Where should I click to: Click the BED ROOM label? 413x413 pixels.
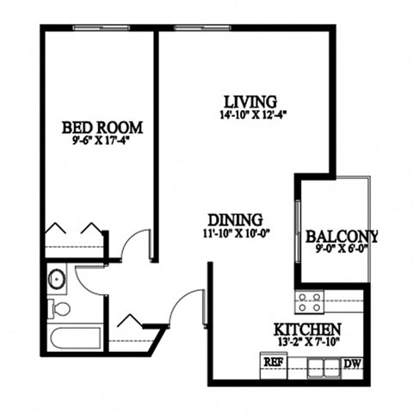click(96, 127)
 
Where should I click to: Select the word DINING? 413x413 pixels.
click(234, 219)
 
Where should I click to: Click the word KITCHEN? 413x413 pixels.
click(307, 330)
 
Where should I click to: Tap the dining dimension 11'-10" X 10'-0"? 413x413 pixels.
click(235, 233)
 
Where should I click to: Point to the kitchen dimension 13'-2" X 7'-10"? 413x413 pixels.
click(307, 342)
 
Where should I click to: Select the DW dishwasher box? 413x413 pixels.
click(353, 363)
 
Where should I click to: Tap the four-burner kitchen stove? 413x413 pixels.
click(310, 301)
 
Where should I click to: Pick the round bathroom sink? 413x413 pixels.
click(58, 280)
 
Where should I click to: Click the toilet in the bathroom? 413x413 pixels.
click(59, 308)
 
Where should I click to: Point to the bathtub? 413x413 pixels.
click(76, 336)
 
